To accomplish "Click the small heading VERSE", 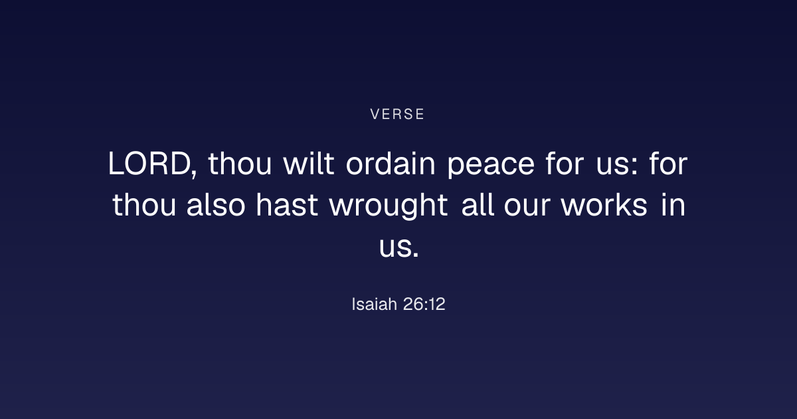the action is click(x=397, y=114).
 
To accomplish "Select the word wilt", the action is click(x=308, y=163).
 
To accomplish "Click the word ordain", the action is click(x=391, y=163).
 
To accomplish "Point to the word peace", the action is click(x=491, y=166).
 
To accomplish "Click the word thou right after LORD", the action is click(x=240, y=163).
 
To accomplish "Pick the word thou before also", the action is click(x=144, y=205).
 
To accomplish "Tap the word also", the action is click(x=216, y=205).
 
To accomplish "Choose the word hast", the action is click(x=287, y=205).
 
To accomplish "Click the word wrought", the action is click(x=389, y=207).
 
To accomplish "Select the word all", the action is click(x=478, y=205).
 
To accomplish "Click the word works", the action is click(x=604, y=205).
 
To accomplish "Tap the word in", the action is click(x=673, y=205).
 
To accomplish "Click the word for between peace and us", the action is click(x=565, y=163).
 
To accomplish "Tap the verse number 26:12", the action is click(x=424, y=305).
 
